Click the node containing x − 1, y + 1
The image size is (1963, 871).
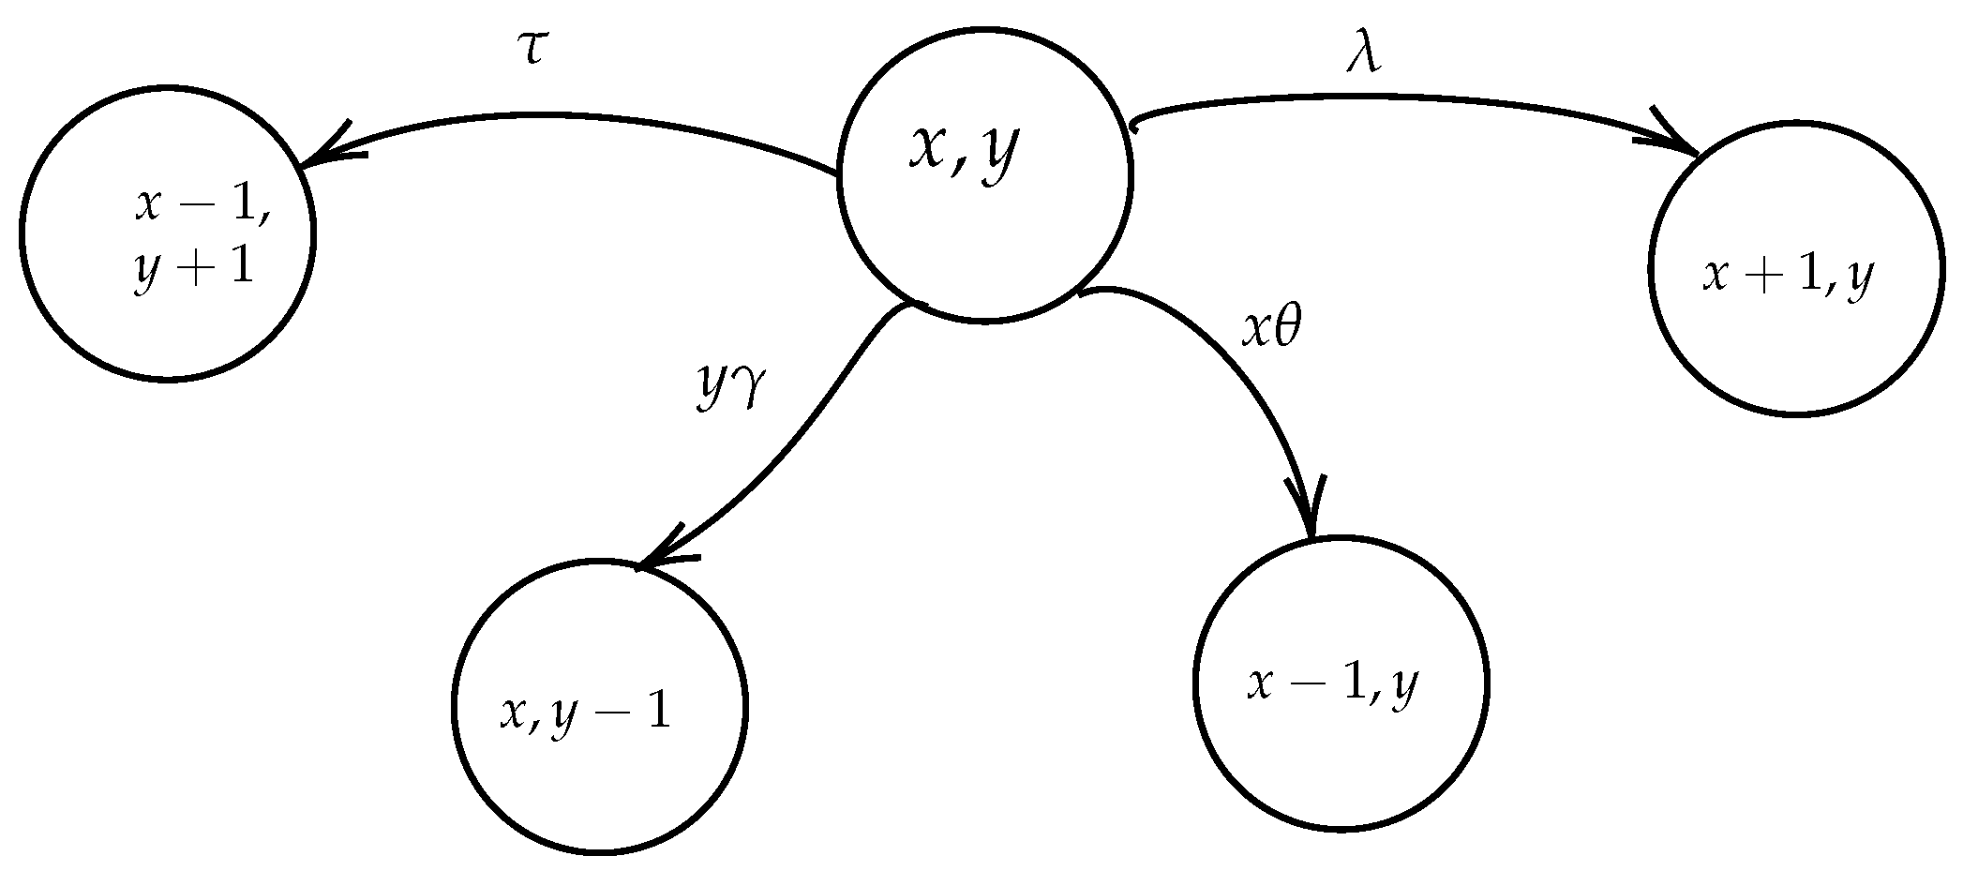coord(167,234)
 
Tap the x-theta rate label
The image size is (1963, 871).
coord(1272,329)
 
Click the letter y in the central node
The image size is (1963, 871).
coord(998,155)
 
